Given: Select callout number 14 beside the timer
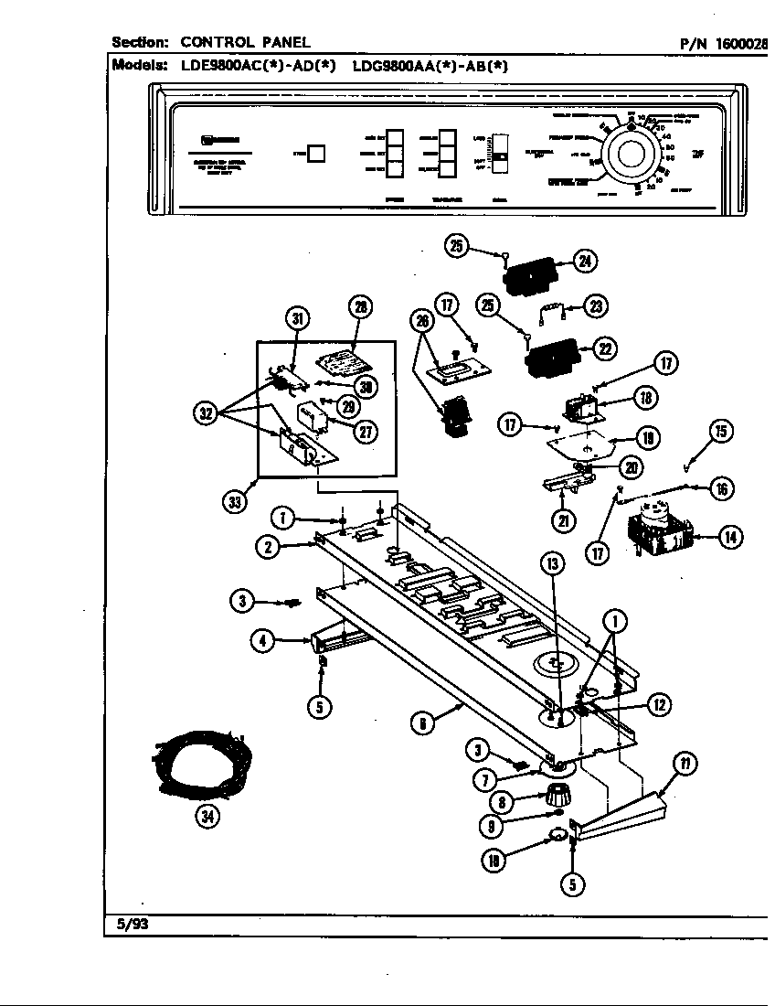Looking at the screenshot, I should click(729, 538).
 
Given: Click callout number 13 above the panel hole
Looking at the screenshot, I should click(551, 564).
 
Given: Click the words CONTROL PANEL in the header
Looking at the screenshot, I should click(245, 42).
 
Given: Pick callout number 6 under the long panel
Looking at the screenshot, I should click(420, 724).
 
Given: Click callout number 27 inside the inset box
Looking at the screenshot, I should click(366, 433).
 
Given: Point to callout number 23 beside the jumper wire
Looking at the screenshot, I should click(597, 307).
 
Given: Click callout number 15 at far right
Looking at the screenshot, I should click(722, 432).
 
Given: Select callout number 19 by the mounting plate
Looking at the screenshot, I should click(647, 440).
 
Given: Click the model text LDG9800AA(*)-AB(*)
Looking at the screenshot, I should click(430, 65).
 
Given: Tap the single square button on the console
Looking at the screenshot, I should click(316, 153).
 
